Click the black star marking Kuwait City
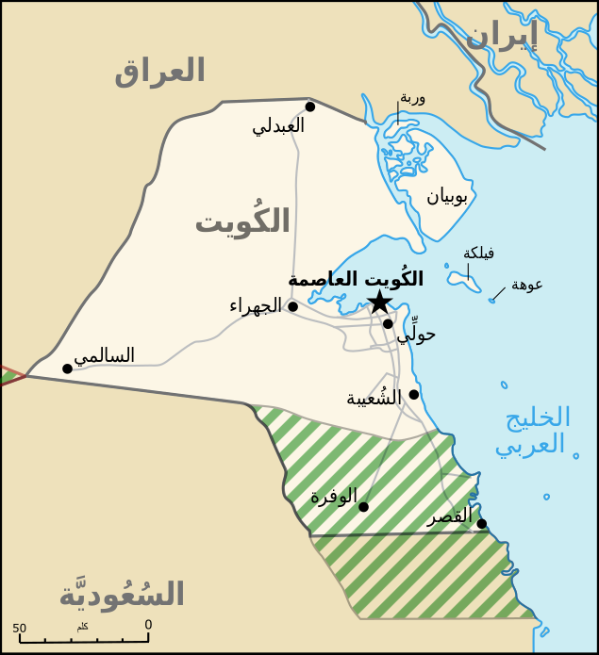[x=378, y=302]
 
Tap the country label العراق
[x=159, y=71]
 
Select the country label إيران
[x=501, y=36]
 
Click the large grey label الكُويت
[x=242, y=221]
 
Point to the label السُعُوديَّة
[x=122, y=594]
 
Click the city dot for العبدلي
[x=309, y=106]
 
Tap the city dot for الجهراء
[x=292, y=306]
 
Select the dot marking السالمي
[x=67, y=368]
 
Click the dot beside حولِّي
[x=388, y=323]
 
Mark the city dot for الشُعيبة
[x=413, y=394]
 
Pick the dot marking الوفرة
[x=363, y=506]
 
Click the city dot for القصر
[x=481, y=523]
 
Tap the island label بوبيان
[x=446, y=196]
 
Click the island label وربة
[x=412, y=97]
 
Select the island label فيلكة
[x=478, y=253]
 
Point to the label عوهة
[x=526, y=285]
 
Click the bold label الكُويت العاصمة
[x=356, y=279]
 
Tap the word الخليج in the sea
[x=538, y=418]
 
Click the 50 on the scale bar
[x=19, y=629]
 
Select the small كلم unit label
[x=82, y=626]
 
